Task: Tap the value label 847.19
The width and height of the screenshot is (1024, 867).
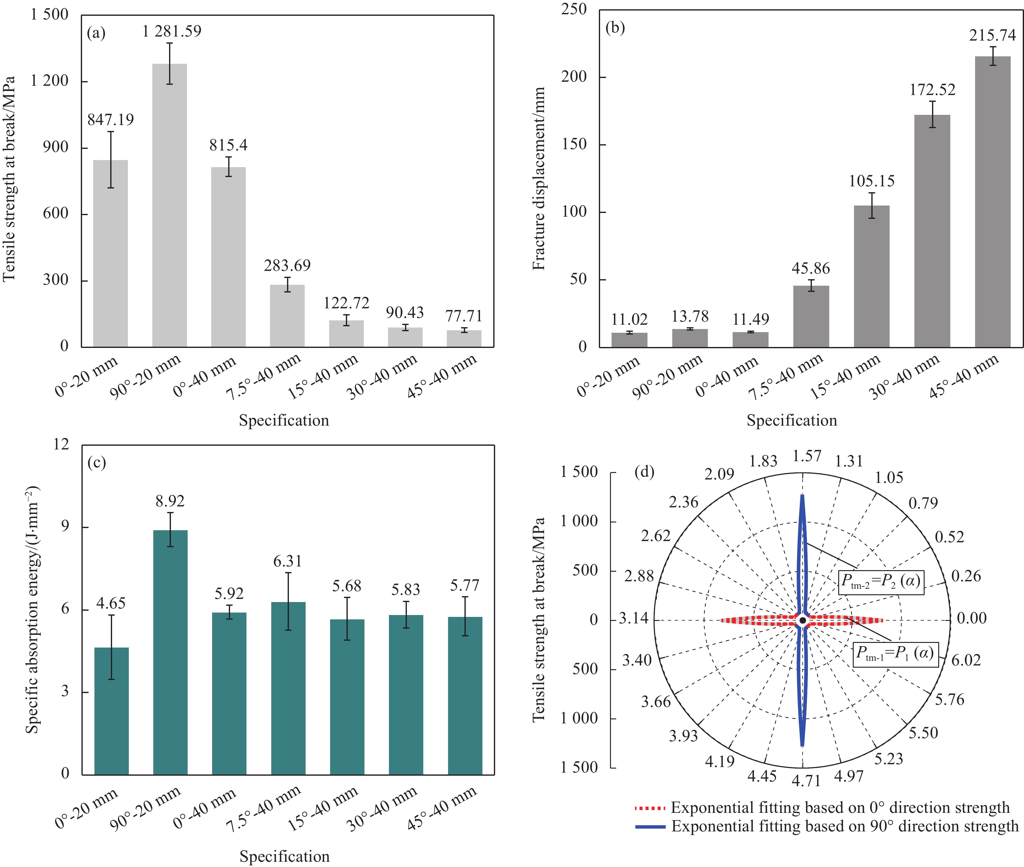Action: pyautogui.click(x=111, y=120)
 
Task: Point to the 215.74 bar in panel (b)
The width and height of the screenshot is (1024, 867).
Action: pyautogui.click(x=992, y=202)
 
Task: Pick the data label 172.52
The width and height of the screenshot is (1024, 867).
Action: pyautogui.click(x=932, y=90)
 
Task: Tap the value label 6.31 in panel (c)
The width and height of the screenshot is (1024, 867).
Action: pyautogui.click(x=288, y=561)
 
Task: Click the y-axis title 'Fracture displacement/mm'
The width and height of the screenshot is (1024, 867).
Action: pyautogui.click(x=539, y=178)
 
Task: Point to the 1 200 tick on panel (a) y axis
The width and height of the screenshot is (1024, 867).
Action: pyautogui.click(x=49, y=81)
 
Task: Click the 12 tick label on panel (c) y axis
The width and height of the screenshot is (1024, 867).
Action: pyautogui.click(x=61, y=444)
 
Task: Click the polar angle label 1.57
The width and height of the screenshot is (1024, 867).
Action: pyautogui.click(x=806, y=456)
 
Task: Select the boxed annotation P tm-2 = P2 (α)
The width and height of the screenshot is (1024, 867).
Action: pyautogui.click(x=880, y=582)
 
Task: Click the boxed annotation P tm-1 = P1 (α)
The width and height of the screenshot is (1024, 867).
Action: pyautogui.click(x=895, y=654)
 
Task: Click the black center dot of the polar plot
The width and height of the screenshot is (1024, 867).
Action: pyautogui.click(x=802, y=620)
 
